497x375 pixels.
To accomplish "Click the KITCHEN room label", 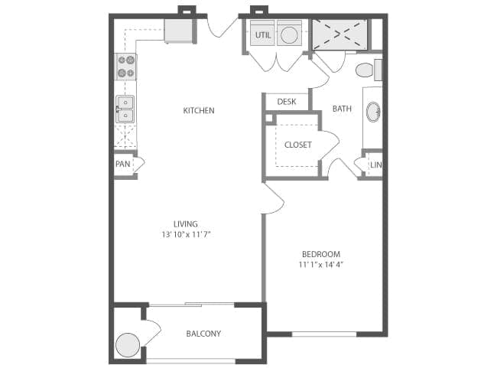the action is click(x=199, y=110).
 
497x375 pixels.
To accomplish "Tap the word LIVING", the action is click(x=186, y=224).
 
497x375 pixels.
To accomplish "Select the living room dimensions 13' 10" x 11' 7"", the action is click(x=186, y=235).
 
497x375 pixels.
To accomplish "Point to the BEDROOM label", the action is click(x=321, y=254).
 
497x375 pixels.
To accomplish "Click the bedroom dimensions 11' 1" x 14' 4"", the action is click(x=321, y=265).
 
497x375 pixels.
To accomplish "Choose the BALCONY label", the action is click(x=203, y=334).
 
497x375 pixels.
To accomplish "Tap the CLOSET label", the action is click(x=298, y=145).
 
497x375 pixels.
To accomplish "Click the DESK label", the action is click(x=287, y=102).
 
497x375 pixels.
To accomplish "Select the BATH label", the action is click(x=342, y=109).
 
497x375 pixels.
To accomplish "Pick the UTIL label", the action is click(x=263, y=35).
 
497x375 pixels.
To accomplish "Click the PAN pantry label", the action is click(x=123, y=164).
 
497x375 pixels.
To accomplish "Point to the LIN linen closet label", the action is click(x=376, y=165).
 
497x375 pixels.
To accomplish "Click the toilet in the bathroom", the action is click(x=369, y=70).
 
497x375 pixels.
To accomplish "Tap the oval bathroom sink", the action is click(x=373, y=112).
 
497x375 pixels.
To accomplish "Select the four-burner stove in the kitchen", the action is click(x=126, y=67).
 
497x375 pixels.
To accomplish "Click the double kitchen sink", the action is click(x=125, y=109).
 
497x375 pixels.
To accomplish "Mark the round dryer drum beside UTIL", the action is click(x=289, y=35).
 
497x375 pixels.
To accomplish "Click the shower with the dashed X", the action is click(x=339, y=35).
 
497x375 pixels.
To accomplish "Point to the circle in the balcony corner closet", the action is click(x=128, y=345).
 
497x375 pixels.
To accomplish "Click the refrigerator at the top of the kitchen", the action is click(x=178, y=31).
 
